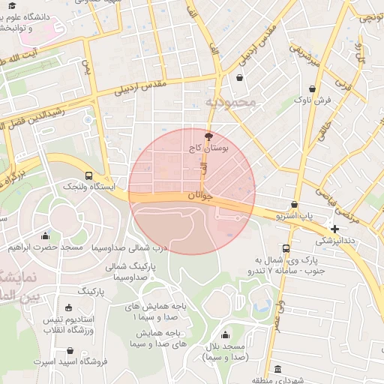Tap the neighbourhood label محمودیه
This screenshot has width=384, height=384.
[228, 101]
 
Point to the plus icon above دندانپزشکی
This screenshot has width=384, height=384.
[334, 228]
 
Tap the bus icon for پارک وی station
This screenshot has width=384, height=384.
[286, 248]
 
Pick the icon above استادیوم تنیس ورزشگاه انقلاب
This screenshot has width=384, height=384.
[69, 307]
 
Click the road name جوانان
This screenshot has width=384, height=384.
[200, 196]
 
